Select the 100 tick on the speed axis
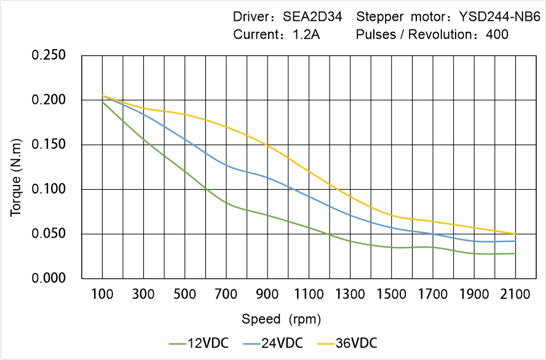coord(102,295)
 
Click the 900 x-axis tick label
coord(267,295)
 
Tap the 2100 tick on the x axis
coord(515,295)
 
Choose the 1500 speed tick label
coord(391,295)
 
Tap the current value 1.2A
coord(304,34)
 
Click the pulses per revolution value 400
coord(497,34)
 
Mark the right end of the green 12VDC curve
coord(515,253)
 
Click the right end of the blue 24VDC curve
coord(515,241)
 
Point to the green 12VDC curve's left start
coord(102,101)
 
